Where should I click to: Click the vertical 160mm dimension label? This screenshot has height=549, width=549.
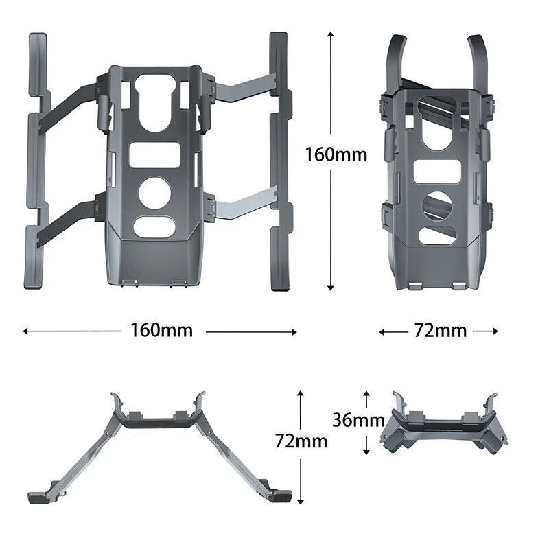click(x=336, y=154)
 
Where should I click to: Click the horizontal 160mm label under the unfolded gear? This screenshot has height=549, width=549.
click(x=161, y=330)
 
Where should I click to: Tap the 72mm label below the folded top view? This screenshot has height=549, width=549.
click(x=441, y=331)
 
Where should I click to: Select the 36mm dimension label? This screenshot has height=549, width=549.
click(x=358, y=420)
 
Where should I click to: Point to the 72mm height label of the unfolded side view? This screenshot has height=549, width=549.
click(x=301, y=441)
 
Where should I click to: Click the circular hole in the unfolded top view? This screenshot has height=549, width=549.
click(x=155, y=193)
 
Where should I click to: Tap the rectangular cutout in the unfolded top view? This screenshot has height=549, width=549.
click(x=155, y=155)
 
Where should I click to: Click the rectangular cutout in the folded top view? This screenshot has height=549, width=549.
click(x=437, y=171)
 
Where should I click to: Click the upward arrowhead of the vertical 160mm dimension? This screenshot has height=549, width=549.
click(x=331, y=34)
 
